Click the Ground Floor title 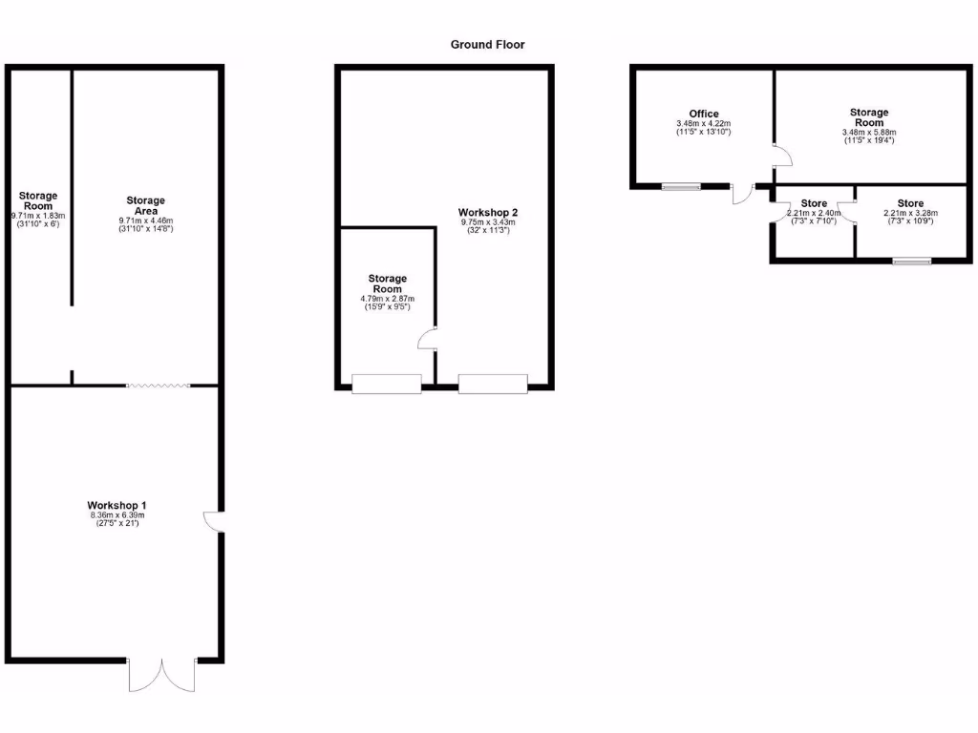click(487, 45)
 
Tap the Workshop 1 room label click(117, 505)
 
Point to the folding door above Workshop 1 click(158, 386)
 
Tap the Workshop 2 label click(487, 212)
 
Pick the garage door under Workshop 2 click(492, 384)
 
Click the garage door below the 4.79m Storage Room click(386, 384)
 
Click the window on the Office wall click(681, 187)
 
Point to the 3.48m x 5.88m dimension click(869, 133)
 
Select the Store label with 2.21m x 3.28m click(910, 203)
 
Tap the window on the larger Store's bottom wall click(911, 260)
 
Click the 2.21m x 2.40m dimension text click(814, 213)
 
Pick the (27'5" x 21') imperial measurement click(117, 524)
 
